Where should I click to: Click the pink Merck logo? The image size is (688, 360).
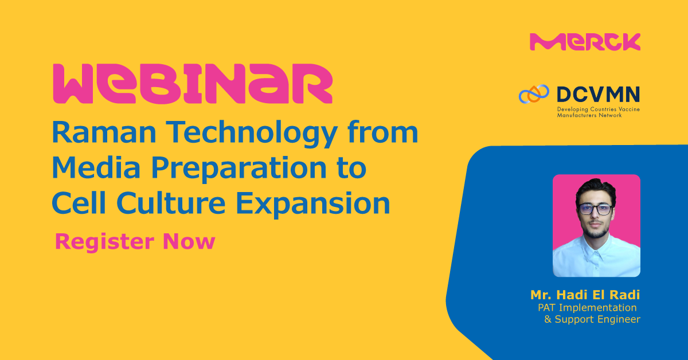tap(585, 42)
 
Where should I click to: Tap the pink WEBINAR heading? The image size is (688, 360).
tap(192, 84)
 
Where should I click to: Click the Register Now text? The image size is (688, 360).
tap(135, 241)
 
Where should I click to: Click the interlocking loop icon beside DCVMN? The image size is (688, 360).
tap(534, 95)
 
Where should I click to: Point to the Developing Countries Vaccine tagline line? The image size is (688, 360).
tap(597, 109)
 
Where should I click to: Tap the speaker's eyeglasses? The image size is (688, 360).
tap(596, 209)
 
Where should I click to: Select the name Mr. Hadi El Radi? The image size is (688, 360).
tap(585, 296)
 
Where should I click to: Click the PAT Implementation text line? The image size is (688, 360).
tap(587, 308)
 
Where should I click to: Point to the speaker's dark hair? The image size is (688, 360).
tap(596, 187)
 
